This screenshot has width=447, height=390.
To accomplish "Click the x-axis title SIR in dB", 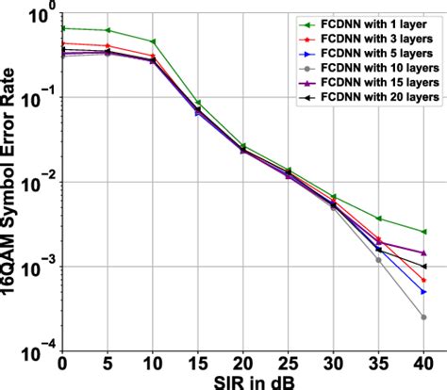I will [243, 381].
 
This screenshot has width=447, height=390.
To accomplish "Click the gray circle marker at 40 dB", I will [423, 317].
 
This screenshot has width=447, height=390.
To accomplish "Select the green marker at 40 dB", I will [423, 232].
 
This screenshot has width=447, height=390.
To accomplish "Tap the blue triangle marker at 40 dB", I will [423, 292].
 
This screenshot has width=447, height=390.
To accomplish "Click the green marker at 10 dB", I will [153, 42].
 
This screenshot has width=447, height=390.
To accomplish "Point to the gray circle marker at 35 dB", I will [378, 260].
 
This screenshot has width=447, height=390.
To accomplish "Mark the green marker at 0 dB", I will [62, 28].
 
